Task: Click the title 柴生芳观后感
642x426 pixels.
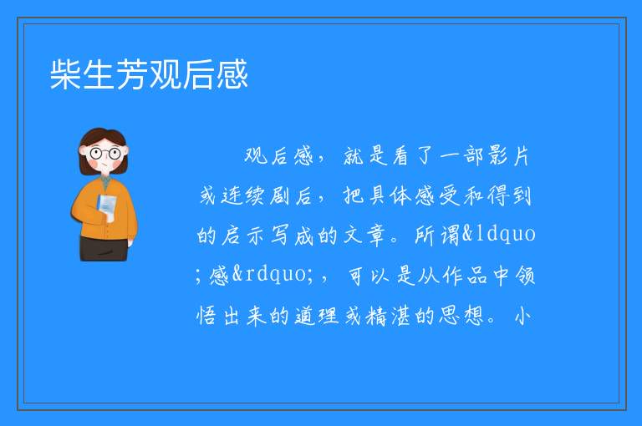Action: pyautogui.click(x=149, y=74)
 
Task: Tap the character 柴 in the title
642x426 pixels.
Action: pyautogui.click(x=65, y=74)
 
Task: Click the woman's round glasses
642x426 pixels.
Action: pyautogui.click(x=105, y=154)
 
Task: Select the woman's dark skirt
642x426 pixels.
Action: pyautogui.click(x=104, y=248)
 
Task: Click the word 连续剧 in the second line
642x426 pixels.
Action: pyautogui.click(x=245, y=195)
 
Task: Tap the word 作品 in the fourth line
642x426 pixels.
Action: pyautogui.click(x=464, y=275)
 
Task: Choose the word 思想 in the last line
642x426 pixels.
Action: pyautogui.click(x=461, y=315)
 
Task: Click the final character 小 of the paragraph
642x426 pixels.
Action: pyautogui.click(x=522, y=316)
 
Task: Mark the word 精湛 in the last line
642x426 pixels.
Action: pyautogui.click(x=388, y=316)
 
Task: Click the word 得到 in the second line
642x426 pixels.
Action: pyautogui.click(x=509, y=195)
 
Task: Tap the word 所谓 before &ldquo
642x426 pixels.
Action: pyautogui.click(x=438, y=236)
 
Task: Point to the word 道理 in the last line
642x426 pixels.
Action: pyautogui.click(x=317, y=316)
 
